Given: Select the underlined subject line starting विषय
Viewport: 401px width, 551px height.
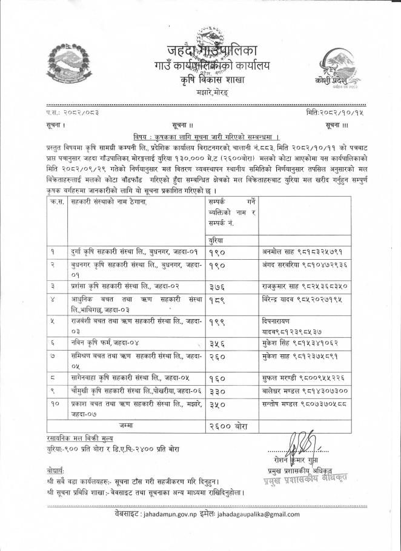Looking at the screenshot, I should point(200,137).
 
